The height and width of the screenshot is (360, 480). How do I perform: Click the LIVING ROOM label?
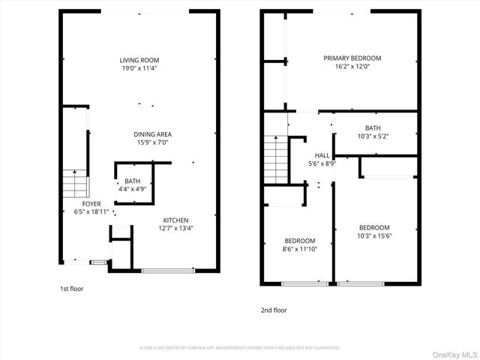(x=139, y=60)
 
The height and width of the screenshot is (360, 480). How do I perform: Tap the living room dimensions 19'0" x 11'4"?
(x=139, y=68)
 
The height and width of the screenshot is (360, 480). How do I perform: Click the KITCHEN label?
(x=176, y=220)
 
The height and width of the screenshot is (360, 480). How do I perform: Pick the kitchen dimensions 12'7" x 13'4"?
(x=176, y=228)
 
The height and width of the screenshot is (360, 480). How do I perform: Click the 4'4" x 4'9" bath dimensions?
(x=133, y=189)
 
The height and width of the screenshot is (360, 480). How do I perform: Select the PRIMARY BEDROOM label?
(x=352, y=58)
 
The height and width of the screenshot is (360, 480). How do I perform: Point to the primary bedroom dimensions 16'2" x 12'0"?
(x=352, y=66)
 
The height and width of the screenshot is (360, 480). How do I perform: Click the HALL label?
(x=322, y=155)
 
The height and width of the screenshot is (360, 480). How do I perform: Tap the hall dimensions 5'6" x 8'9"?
(x=322, y=163)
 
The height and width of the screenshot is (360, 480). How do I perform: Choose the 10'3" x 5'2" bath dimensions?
(x=373, y=136)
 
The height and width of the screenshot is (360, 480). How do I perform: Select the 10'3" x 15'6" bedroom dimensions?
(x=374, y=236)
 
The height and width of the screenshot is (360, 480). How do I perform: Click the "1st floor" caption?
(x=72, y=288)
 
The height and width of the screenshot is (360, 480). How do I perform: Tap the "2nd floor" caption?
(x=274, y=310)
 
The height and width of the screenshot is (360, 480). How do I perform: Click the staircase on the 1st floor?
(x=75, y=182)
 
